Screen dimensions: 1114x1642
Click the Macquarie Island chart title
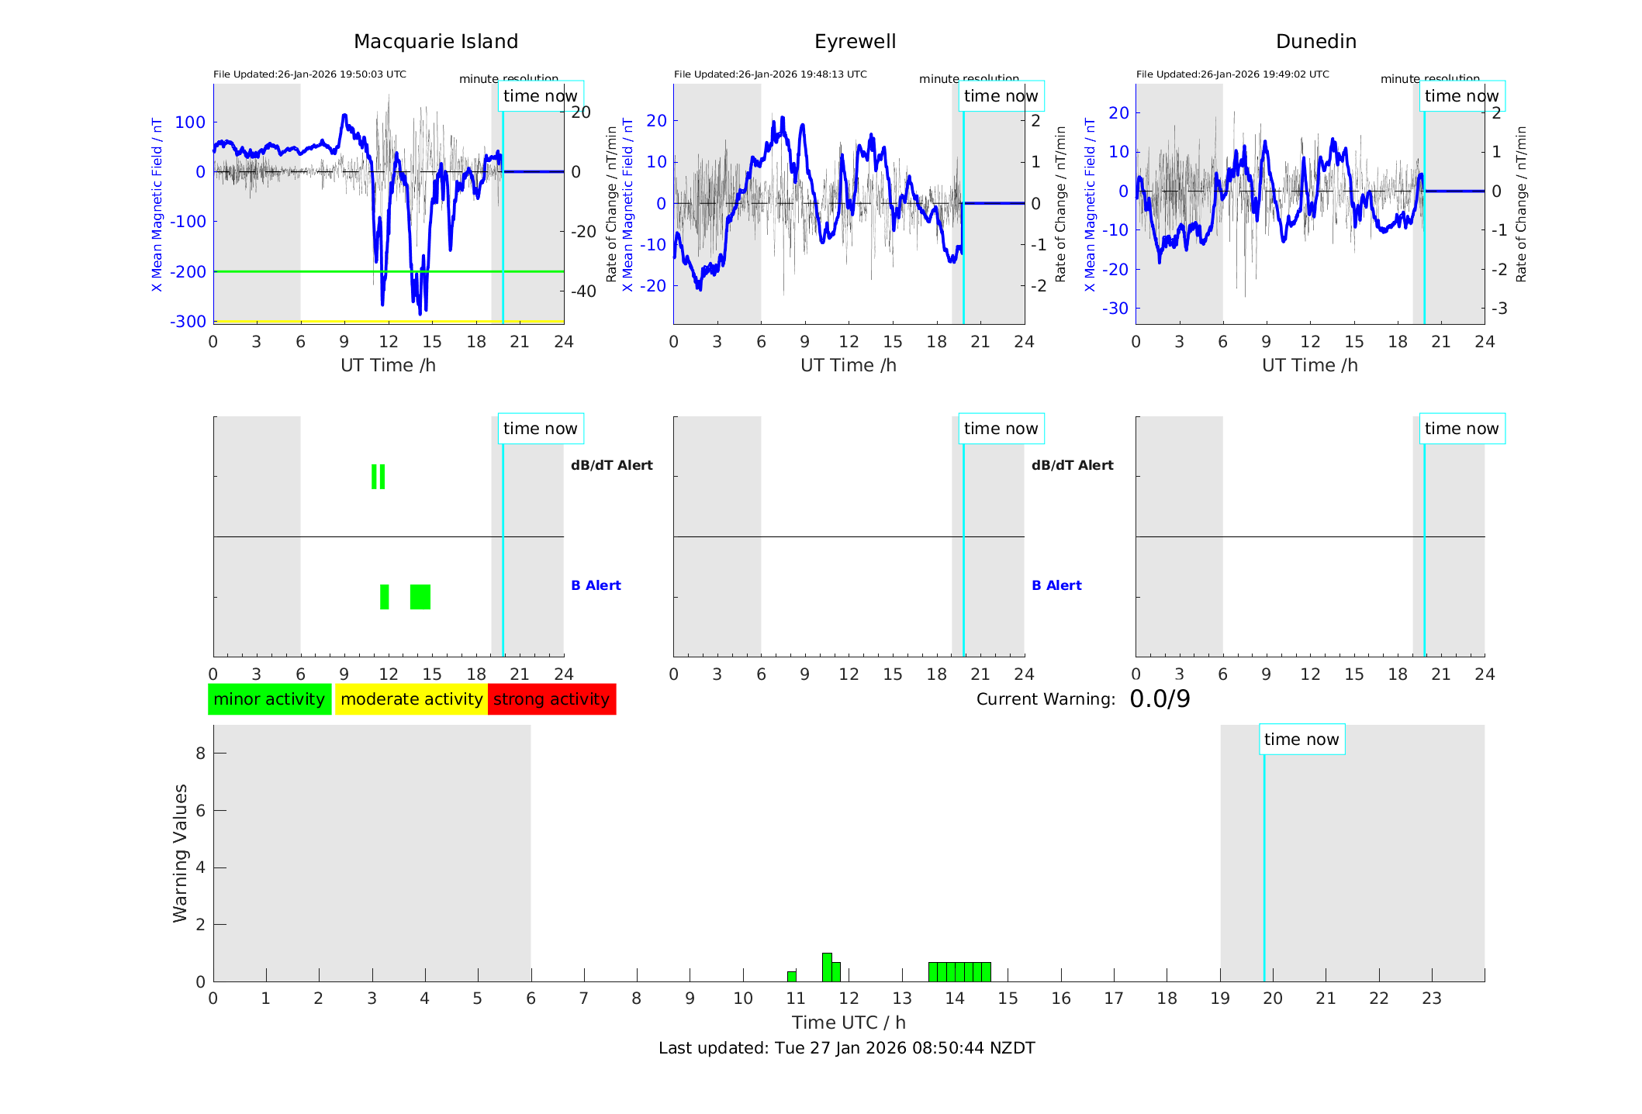pyautogui.click(x=435, y=42)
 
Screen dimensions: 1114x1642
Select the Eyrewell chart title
pyautogui.click(x=855, y=42)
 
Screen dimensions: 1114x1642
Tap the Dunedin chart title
pyautogui.click(x=1315, y=42)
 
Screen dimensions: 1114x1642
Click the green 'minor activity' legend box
pyautogui.click(x=269, y=699)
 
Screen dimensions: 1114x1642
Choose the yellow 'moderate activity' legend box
pyautogui.click(x=411, y=699)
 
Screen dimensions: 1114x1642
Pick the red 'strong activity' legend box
pyautogui.click(x=551, y=699)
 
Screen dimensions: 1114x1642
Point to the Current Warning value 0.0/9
pyautogui.click(x=1160, y=699)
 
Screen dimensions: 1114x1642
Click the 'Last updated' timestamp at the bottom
pyautogui.click(x=846, y=1048)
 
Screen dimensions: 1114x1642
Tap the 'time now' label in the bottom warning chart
pyautogui.click(x=1302, y=740)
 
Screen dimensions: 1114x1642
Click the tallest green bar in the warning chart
pyautogui.click(x=827, y=967)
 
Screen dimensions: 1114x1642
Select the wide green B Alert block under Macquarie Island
pyautogui.click(x=420, y=597)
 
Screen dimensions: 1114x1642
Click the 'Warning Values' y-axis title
pyautogui.click(x=180, y=853)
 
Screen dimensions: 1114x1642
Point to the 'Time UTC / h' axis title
pyautogui.click(x=849, y=1023)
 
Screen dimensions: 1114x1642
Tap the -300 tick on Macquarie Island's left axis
pyautogui.click(x=188, y=322)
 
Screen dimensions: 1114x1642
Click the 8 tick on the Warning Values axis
pyautogui.click(x=200, y=753)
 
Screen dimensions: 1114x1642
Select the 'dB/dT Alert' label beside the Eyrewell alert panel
pyautogui.click(x=1072, y=465)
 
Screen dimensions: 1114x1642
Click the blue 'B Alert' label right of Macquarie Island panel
pyautogui.click(x=596, y=585)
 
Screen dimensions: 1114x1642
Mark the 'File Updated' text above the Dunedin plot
pyautogui.click(x=1232, y=74)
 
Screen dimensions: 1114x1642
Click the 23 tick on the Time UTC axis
pyautogui.click(x=1432, y=998)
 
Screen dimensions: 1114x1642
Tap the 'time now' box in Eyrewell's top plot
pyautogui.click(x=1001, y=96)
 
